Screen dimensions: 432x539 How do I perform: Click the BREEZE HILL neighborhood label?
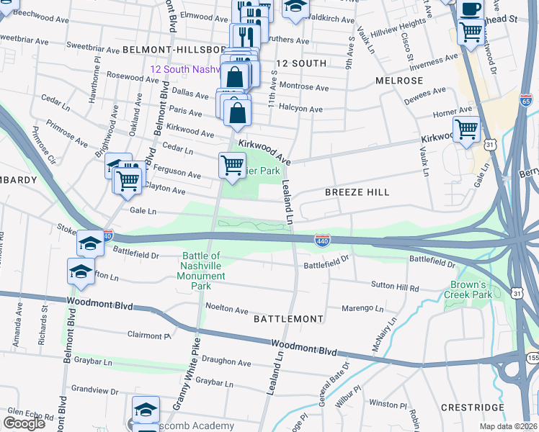(x=357, y=192)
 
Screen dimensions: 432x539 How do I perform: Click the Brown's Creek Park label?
(x=471, y=289)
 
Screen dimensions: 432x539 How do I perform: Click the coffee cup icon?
(x=471, y=10)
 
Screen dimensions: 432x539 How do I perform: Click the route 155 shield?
(x=533, y=357)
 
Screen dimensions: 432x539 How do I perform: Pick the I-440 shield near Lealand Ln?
(x=322, y=238)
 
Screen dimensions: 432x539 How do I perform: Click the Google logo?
(x=24, y=423)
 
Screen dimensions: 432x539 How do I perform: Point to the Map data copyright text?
(x=509, y=426)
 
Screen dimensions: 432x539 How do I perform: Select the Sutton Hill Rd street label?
(x=394, y=287)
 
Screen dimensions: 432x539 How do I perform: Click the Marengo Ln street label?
(x=363, y=308)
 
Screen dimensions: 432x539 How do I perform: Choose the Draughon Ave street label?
(x=226, y=363)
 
